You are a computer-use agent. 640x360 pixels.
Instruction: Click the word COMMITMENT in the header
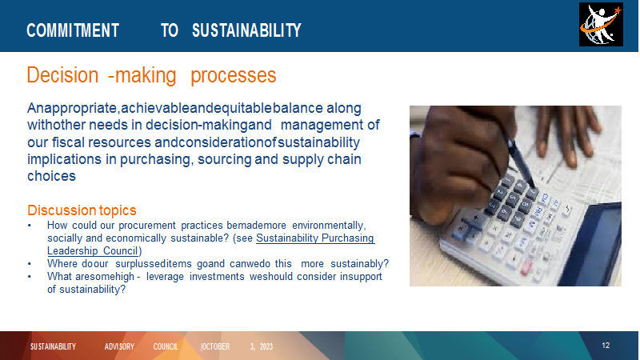[73, 30]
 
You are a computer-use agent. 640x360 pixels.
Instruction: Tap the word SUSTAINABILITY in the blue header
[246, 30]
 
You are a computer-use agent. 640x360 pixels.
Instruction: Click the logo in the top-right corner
[601, 25]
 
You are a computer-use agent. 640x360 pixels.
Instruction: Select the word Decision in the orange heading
[62, 75]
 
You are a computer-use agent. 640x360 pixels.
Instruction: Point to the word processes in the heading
[234, 76]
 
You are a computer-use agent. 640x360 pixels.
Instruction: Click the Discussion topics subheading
[82, 210]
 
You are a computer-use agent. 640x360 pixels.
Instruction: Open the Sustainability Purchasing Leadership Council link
[210, 244]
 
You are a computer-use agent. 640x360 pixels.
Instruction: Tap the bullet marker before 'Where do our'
[30, 264]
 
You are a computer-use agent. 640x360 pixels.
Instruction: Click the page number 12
[606, 346]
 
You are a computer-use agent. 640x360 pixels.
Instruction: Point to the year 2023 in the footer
[266, 346]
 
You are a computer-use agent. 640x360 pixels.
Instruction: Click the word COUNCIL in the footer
[166, 346]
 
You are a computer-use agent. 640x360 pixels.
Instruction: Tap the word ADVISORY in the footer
[119, 346]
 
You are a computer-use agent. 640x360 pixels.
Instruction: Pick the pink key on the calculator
[526, 266]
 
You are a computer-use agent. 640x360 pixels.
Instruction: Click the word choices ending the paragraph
[51, 176]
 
